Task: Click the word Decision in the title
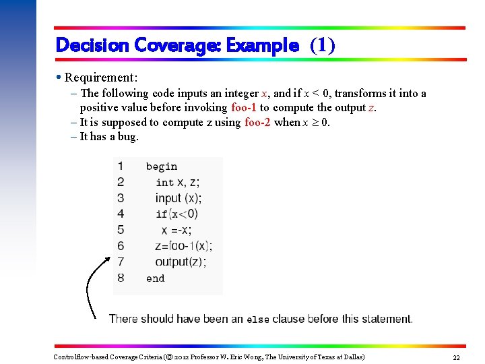(93, 45)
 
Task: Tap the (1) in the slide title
(322, 45)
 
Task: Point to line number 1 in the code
(121, 166)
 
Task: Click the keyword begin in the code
(162, 166)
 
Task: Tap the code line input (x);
(179, 198)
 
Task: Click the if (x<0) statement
(177, 214)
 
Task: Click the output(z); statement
(181, 262)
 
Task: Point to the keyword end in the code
(155, 278)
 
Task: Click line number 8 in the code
(121, 277)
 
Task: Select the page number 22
(456, 357)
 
